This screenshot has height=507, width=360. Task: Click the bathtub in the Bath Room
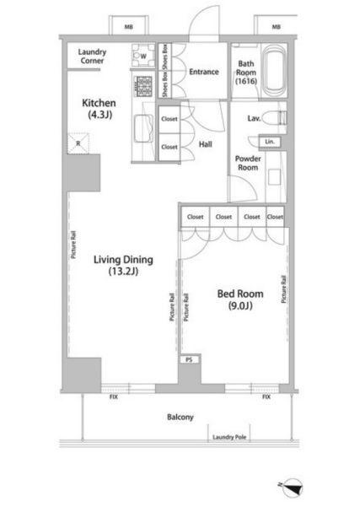click(x=274, y=70)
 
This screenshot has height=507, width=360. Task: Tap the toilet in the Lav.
click(x=274, y=118)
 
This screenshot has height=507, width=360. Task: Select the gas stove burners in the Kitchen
click(x=143, y=86)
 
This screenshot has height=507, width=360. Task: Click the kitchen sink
click(x=143, y=128)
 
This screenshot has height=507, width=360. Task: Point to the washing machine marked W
click(x=142, y=56)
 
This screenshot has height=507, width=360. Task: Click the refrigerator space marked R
click(x=78, y=143)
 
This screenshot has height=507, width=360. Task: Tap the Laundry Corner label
click(x=92, y=57)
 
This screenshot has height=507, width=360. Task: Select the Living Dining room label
click(x=123, y=265)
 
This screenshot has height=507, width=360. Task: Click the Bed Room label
click(x=240, y=299)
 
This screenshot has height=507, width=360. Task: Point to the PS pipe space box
click(x=189, y=359)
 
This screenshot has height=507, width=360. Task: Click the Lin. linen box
click(x=270, y=142)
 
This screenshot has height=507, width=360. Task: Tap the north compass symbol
click(x=292, y=488)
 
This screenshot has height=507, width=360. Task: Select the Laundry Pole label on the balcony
click(x=229, y=437)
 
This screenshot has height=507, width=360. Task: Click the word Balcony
click(x=180, y=417)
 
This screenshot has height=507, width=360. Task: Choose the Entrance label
click(x=204, y=72)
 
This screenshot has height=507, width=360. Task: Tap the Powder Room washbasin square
click(x=274, y=177)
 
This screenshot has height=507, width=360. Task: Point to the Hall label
click(x=205, y=144)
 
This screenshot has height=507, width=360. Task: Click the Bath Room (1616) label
click(x=246, y=73)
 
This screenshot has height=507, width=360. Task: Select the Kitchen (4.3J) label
click(x=99, y=109)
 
